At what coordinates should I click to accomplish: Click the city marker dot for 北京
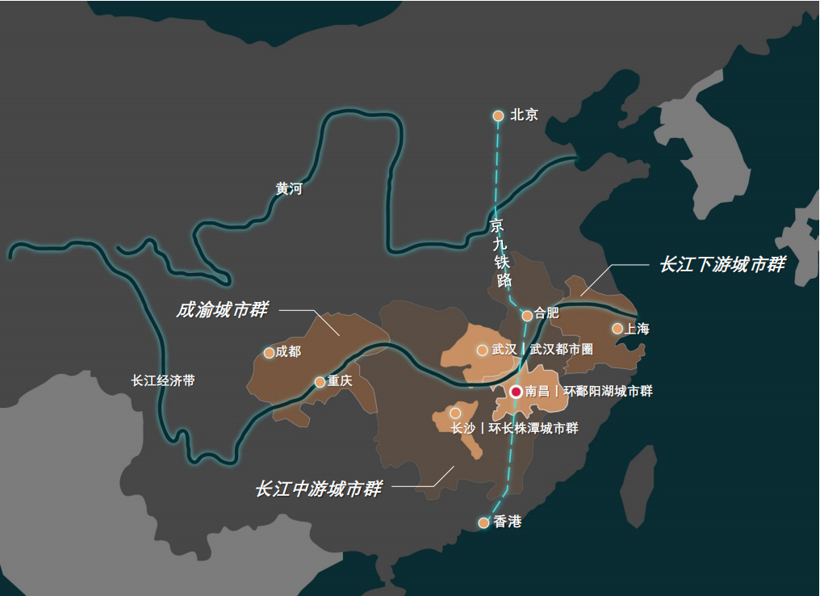[x=499, y=115]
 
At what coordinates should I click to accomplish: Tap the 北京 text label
[x=524, y=115]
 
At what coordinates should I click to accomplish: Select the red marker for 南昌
[x=516, y=392]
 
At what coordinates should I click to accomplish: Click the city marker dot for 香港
[x=483, y=523]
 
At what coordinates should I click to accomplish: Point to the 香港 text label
[x=508, y=522]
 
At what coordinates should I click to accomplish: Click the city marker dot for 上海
[x=617, y=329]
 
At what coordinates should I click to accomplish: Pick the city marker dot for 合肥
[x=527, y=316]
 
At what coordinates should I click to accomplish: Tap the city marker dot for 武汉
[x=483, y=350]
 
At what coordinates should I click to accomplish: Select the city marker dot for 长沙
[x=455, y=413]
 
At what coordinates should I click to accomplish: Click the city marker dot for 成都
[x=270, y=353]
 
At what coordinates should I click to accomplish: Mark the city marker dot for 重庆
[x=320, y=382]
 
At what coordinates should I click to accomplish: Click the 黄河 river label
[x=288, y=189]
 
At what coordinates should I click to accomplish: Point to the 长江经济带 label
[x=163, y=380]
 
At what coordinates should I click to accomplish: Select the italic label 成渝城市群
[x=222, y=310]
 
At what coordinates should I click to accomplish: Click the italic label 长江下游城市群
[x=722, y=265]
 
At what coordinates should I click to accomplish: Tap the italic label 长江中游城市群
[x=318, y=489]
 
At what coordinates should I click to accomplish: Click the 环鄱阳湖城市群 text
[x=607, y=392]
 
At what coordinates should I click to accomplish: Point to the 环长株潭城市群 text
[x=533, y=429]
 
